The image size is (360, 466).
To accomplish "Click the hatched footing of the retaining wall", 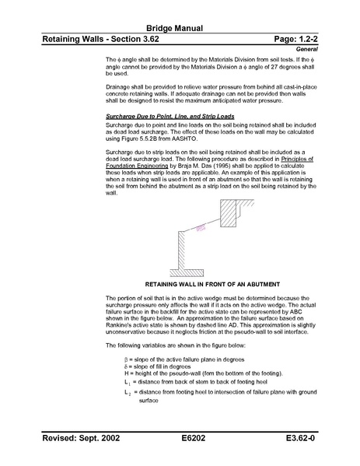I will coord(186,272).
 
